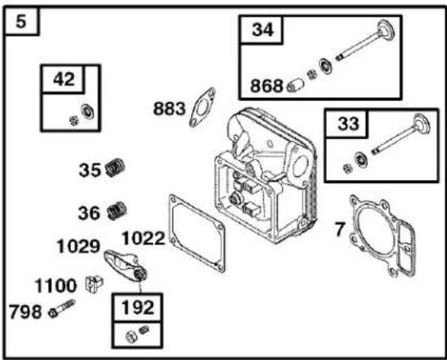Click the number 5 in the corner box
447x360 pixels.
[21, 21]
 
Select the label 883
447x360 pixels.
[170, 109]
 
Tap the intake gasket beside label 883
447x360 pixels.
[202, 107]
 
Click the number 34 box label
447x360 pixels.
[263, 29]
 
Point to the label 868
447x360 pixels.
[266, 86]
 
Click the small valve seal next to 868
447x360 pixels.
[295, 85]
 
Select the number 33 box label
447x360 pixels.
[349, 124]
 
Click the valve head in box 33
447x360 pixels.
[422, 124]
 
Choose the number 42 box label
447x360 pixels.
[64, 79]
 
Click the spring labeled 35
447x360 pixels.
[115, 167]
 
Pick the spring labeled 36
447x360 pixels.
[117, 210]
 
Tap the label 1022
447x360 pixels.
[143, 239]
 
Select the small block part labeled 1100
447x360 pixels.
[94, 284]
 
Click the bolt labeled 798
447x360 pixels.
[62, 308]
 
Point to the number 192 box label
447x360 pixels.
[138, 308]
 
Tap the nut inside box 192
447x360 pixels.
[131, 337]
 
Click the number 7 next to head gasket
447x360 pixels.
[340, 229]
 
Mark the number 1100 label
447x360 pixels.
[55, 285]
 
